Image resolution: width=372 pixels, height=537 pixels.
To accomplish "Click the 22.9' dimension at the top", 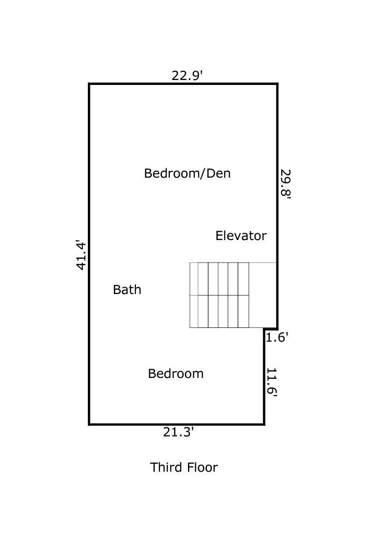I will [x=187, y=76].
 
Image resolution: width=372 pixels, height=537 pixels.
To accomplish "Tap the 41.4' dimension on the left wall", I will [x=81, y=255].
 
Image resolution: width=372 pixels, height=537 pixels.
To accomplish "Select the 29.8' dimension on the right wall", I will [x=286, y=183].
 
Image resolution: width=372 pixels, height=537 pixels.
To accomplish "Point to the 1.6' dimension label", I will [x=277, y=337].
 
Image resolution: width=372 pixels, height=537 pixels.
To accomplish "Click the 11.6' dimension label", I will [x=272, y=381].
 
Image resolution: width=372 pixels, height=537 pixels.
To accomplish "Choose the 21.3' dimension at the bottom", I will [x=178, y=432].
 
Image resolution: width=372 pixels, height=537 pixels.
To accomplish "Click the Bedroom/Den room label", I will [x=187, y=173].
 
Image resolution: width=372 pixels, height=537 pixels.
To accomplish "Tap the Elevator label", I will [x=240, y=236].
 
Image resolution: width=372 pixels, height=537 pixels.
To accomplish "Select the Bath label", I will [x=127, y=290].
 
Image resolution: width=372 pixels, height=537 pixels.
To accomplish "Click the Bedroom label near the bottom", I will [x=176, y=374].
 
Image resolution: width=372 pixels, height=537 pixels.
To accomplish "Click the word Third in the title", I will [x=166, y=467].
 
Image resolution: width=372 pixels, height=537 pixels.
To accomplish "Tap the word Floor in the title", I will [x=202, y=467].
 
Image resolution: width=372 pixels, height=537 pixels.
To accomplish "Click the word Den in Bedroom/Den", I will [x=218, y=173].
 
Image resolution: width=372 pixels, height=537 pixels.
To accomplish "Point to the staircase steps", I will [x=219, y=295].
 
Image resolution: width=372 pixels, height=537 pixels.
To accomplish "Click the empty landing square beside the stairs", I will [x=263, y=295].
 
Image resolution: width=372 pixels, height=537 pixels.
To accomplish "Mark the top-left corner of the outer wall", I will [x=89, y=84].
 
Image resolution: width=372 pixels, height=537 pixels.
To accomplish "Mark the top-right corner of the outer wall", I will [x=277, y=84].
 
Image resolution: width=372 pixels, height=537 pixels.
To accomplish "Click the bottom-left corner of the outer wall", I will [x=89, y=424].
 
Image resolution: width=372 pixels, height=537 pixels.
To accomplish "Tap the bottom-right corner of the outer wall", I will [x=265, y=424].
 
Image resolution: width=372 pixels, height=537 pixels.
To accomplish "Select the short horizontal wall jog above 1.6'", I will [x=271, y=329].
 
